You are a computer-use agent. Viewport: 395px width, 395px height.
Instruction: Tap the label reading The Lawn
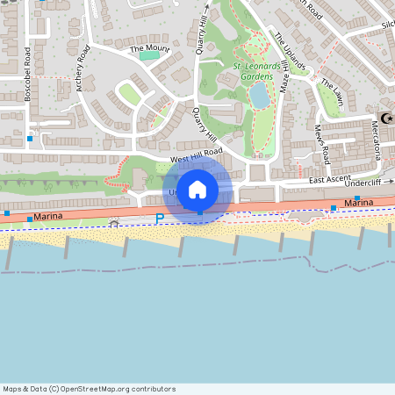pyautogui.click(x=331, y=93)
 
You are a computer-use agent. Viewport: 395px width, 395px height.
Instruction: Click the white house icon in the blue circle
pyautogui.click(x=197, y=189)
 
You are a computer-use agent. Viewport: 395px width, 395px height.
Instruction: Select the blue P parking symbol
pyautogui.click(x=159, y=219)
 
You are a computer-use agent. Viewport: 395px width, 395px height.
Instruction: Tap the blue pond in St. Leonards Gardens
pyautogui.click(x=260, y=98)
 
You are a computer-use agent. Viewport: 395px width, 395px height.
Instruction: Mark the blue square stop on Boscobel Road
pyautogui.click(x=30, y=138)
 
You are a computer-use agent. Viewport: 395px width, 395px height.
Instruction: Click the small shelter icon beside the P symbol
pyautogui.click(x=114, y=223)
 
